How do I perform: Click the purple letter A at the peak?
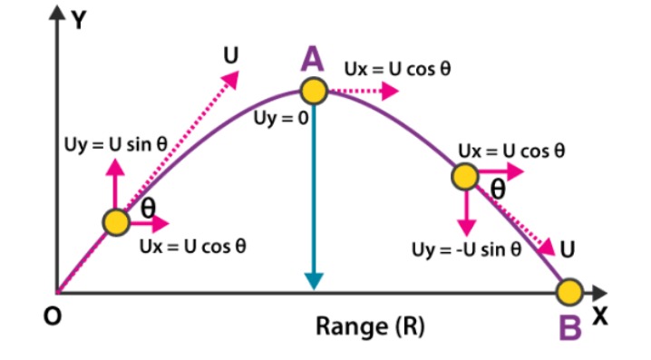click(x=312, y=61)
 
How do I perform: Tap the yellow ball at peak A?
click(x=313, y=91)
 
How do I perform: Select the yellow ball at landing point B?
click(x=569, y=292)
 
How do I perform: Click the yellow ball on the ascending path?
click(x=115, y=222)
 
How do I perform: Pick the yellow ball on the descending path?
click(x=465, y=176)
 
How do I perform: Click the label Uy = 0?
click(x=281, y=119)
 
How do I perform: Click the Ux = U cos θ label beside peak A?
click(x=397, y=68)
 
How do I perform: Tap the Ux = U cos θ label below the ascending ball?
click(x=192, y=246)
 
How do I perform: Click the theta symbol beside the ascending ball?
click(x=146, y=208)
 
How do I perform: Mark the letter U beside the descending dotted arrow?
click(x=567, y=246)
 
